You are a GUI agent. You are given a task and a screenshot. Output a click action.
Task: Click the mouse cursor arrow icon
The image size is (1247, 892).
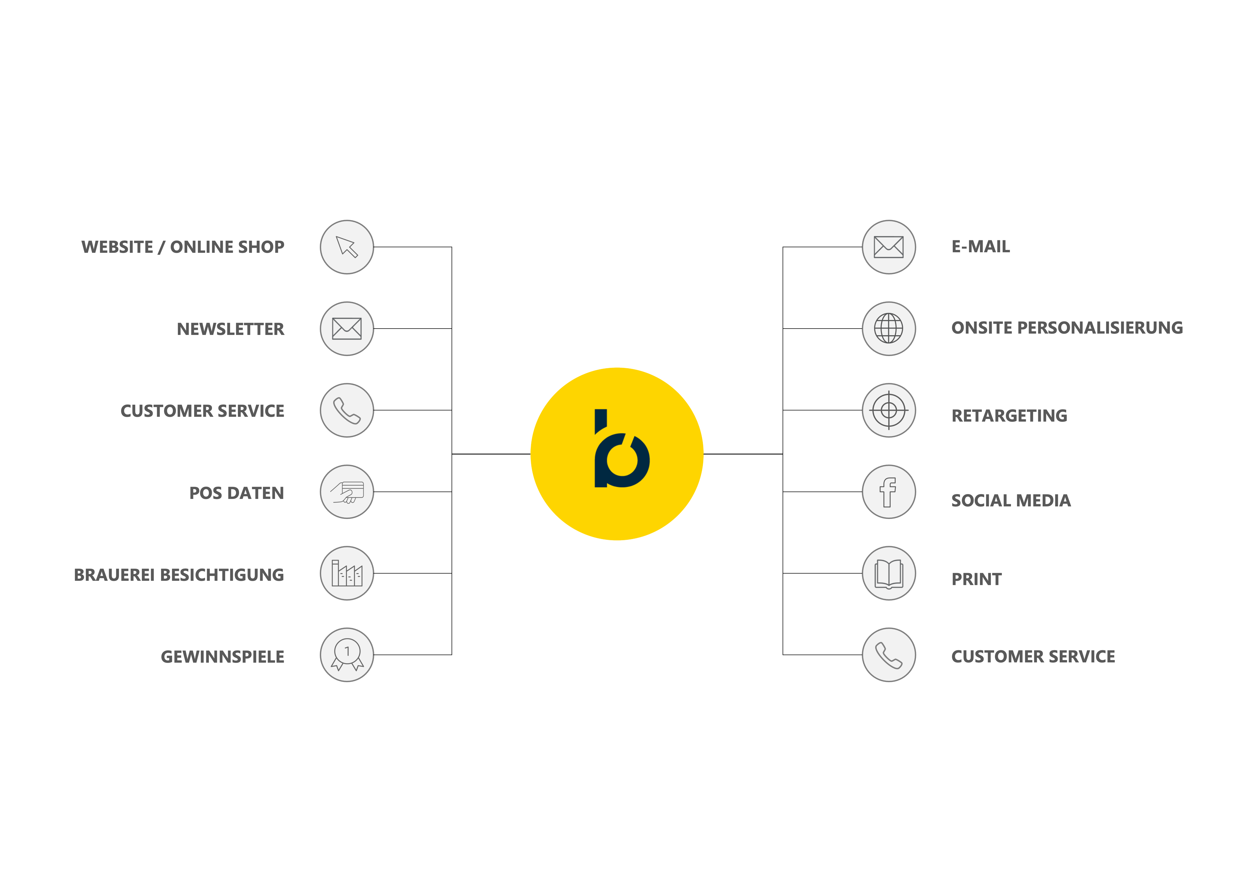[347, 247]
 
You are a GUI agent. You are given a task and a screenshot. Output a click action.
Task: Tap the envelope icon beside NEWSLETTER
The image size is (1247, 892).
[347, 329]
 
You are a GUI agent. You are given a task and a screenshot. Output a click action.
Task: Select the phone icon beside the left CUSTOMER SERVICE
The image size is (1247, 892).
[347, 410]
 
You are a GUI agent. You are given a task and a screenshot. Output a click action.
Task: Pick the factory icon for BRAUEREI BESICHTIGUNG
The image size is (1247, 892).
[347, 573]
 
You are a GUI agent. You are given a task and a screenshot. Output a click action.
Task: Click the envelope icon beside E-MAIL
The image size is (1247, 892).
[888, 247]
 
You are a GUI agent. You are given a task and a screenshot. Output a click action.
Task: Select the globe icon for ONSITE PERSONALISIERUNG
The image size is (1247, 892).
[888, 329]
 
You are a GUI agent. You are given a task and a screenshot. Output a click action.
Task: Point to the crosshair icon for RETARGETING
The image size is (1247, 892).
[888, 410]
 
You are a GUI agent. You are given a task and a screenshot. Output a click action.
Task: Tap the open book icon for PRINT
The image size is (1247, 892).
[888, 573]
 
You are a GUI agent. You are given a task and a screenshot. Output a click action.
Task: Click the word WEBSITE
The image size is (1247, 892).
[117, 247]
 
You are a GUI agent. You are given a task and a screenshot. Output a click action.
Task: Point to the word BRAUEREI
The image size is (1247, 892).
[114, 575]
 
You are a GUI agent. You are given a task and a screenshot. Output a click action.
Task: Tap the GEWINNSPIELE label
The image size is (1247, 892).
[222, 657]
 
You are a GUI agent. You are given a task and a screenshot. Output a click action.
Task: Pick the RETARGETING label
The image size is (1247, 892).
[1009, 416]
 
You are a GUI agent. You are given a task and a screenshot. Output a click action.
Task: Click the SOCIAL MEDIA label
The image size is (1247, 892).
[1011, 500]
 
